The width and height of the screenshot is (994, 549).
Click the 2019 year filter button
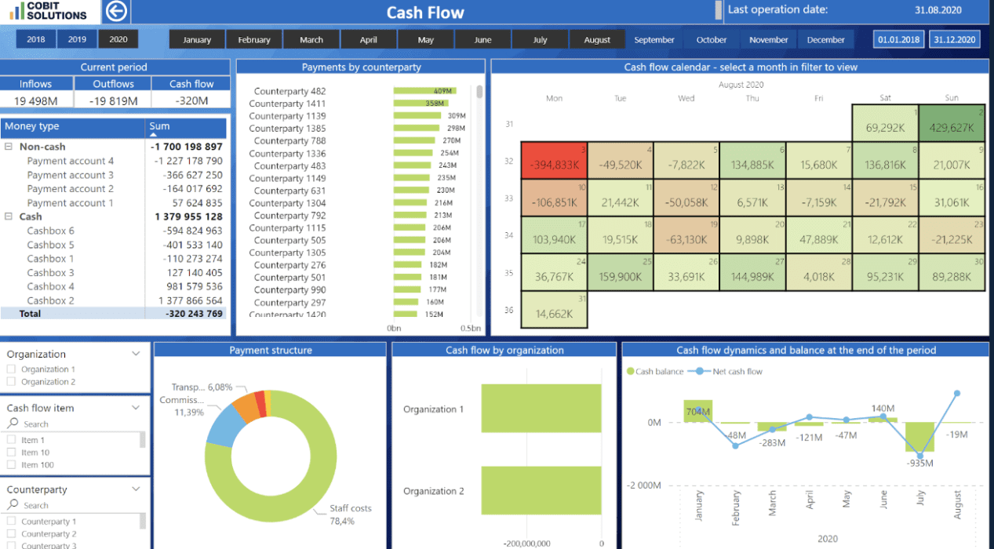(x=77, y=40)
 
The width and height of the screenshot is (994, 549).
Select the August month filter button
(x=597, y=40)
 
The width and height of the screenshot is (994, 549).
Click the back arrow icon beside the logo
(x=116, y=12)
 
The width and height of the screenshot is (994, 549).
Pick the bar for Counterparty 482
(x=424, y=91)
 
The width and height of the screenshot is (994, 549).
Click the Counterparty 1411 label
(x=287, y=104)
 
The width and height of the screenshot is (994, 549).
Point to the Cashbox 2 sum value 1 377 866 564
(x=190, y=300)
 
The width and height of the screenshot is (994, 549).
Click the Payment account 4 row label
(x=70, y=161)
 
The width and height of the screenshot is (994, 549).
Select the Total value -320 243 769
(x=194, y=313)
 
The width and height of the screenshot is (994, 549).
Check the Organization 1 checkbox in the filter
(x=11, y=369)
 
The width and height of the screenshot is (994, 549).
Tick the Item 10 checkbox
(x=11, y=453)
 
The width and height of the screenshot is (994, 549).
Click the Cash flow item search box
(x=71, y=424)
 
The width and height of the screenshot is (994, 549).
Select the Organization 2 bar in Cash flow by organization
(x=541, y=491)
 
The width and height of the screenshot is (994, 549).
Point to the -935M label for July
(x=919, y=463)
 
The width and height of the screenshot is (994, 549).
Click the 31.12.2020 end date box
(x=955, y=40)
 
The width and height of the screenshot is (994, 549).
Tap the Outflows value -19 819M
(x=113, y=100)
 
